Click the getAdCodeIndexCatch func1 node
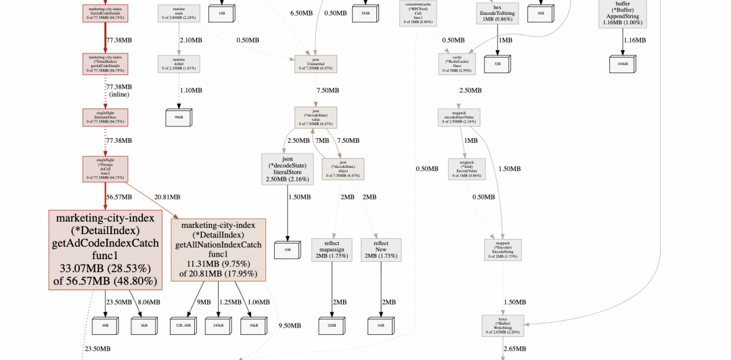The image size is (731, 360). pos(105,250)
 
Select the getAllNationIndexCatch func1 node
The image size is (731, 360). pos(219,249)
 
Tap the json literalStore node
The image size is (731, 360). pos(286,168)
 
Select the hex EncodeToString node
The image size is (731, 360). pos(497,14)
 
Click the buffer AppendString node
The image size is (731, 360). pos(622,14)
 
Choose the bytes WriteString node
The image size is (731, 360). pos(503,325)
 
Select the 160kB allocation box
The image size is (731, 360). pos(622,64)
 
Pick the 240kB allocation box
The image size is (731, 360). pos(219,325)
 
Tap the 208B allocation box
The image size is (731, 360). pos(332,325)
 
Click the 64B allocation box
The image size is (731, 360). pos(381,325)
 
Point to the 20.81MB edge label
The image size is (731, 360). pos(167,197)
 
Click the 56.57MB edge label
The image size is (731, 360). pos(119,197)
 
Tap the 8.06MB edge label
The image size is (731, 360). pos(150,302)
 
